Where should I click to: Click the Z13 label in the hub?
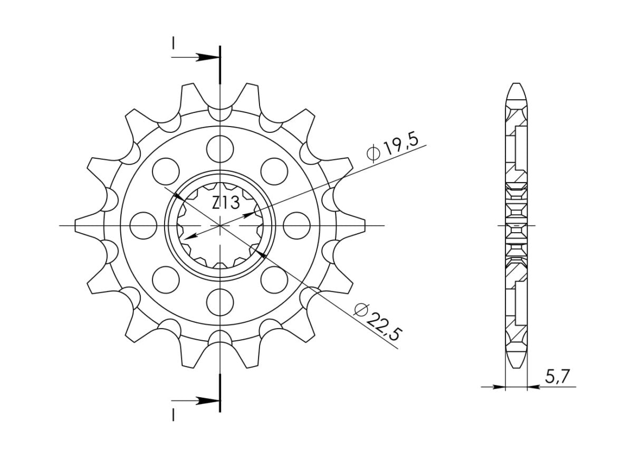[x=226, y=203]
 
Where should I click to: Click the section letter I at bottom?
[x=173, y=415]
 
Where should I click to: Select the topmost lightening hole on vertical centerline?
[x=220, y=149]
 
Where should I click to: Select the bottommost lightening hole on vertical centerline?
[x=220, y=302]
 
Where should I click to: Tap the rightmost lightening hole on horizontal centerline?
[x=296, y=225]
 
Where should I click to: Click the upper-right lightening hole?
[x=274, y=171]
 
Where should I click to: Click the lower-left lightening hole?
[x=166, y=280]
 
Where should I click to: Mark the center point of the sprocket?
[x=220, y=225]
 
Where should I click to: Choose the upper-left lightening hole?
[x=166, y=171]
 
